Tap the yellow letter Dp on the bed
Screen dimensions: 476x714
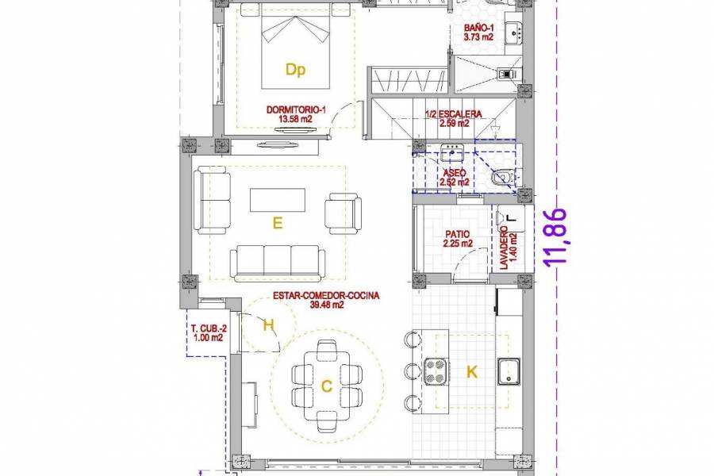(295, 71)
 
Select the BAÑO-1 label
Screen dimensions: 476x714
(480, 28)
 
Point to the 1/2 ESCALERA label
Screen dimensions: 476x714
(454, 114)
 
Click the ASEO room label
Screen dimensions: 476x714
(454, 172)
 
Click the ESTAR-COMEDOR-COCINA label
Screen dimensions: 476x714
(326, 296)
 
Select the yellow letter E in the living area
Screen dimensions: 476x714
(277, 224)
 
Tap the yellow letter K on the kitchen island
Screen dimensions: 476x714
(472, 371)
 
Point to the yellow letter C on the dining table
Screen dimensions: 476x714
(326, 386)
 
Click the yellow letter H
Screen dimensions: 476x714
(268, 324)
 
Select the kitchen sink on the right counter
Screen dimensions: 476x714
(508, 370)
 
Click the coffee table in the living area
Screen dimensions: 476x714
(277, 199)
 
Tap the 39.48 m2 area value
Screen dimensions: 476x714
(326, 305)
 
